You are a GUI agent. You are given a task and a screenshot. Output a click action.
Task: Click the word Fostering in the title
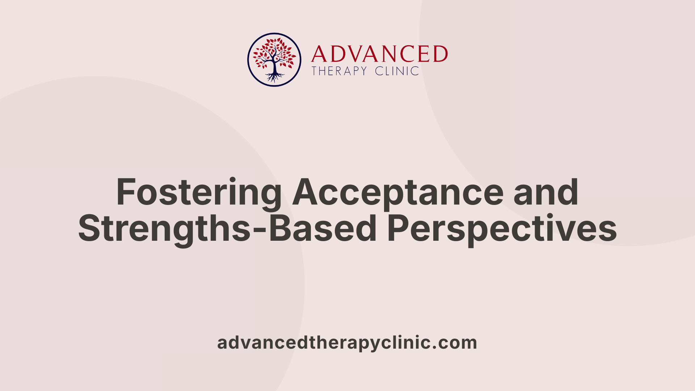[x=198, y=193]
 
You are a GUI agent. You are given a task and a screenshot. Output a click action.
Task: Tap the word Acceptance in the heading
[x=398, y=193]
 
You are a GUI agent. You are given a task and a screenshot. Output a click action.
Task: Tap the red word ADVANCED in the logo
[x=379, y=54]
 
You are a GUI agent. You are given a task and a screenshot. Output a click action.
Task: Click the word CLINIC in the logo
[x=397, y=71]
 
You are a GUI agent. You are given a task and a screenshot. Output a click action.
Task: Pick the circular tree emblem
[x=274, y=60]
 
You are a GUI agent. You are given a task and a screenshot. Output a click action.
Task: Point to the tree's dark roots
[x=274, y=77]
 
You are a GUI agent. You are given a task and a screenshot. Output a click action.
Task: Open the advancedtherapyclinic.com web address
[x=347, y=342]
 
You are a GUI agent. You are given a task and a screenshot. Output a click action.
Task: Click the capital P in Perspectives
[x=397, y=228]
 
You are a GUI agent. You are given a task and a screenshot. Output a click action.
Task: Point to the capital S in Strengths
[x=89, y=228]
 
